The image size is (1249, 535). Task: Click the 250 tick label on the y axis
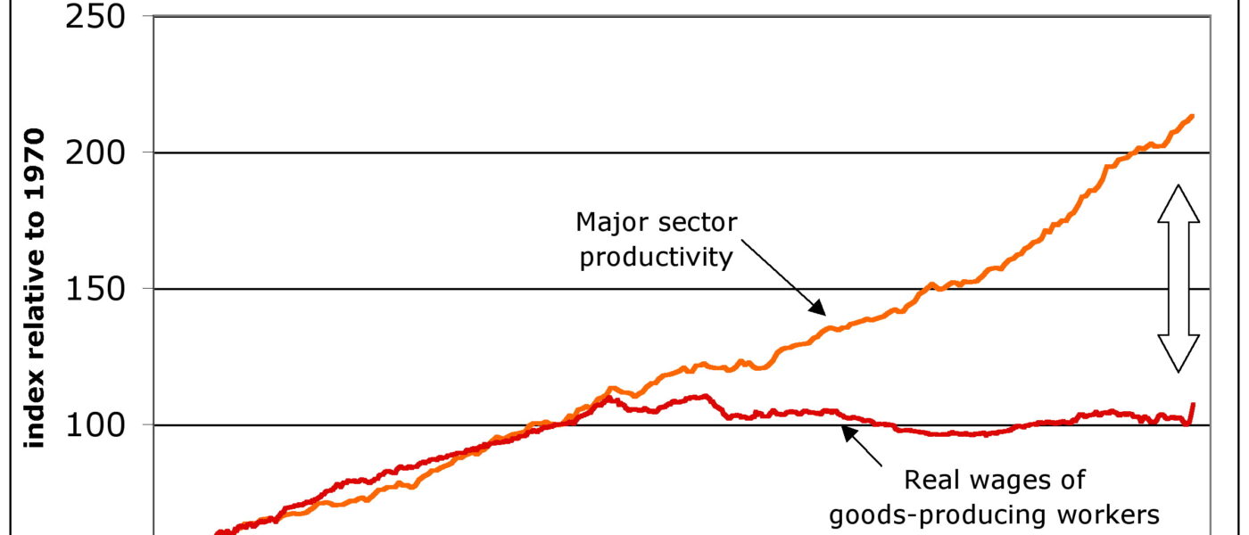click(x=99, y=18)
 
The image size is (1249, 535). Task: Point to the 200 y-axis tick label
click(x=99, y=153)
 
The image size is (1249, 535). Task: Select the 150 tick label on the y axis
click(x=99, y=290)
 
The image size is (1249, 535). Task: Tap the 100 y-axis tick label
click(x=99, y=425)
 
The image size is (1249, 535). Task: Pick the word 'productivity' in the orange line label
click(x=656, y=258)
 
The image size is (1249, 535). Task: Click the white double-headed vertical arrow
click(x=1178, y=278)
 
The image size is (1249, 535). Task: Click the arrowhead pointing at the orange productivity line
click(x=818, y=308)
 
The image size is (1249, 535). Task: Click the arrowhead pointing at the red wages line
click(x=848, y=432)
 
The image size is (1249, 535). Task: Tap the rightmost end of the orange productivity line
click(x=1193, y=116)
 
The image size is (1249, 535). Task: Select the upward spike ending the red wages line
click(x=1192, y=407)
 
